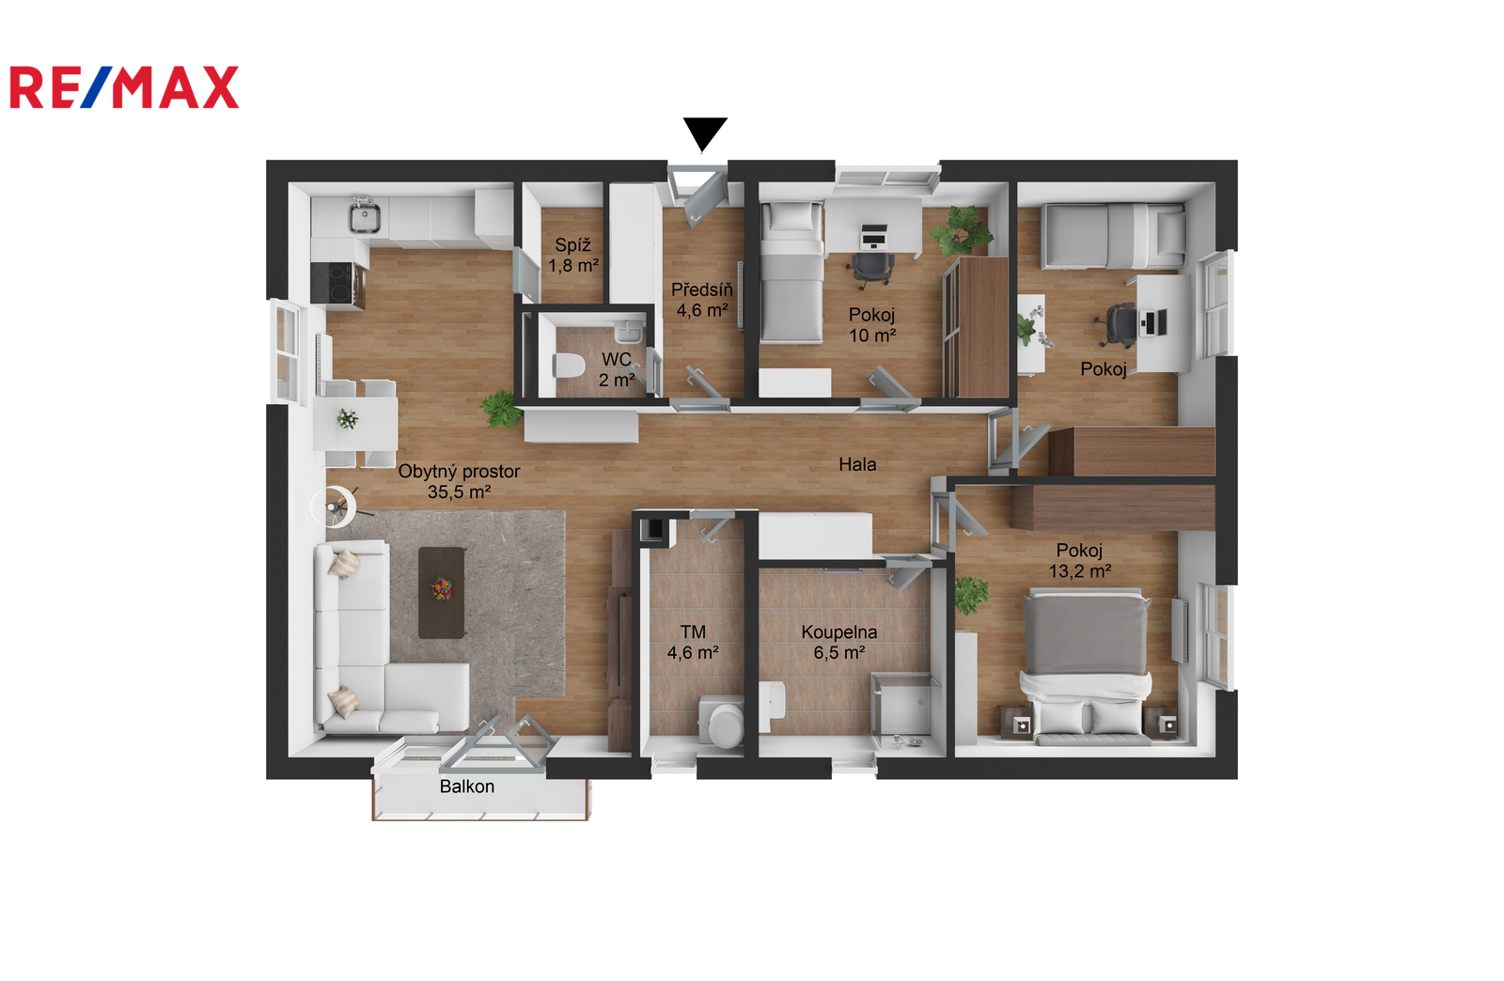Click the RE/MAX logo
(124, 86)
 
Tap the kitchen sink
(364, 216)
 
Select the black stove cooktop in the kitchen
(331, 283)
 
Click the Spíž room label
(572, 245)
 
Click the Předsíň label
(702, 289)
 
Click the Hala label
(857, 464)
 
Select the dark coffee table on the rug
(442, 593)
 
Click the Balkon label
(466, 786)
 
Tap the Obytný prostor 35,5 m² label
(460, 482)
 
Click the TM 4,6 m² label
(693, 642)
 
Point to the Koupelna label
(839, 632)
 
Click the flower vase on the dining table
(347, 419)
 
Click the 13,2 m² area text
(1080, 571)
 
